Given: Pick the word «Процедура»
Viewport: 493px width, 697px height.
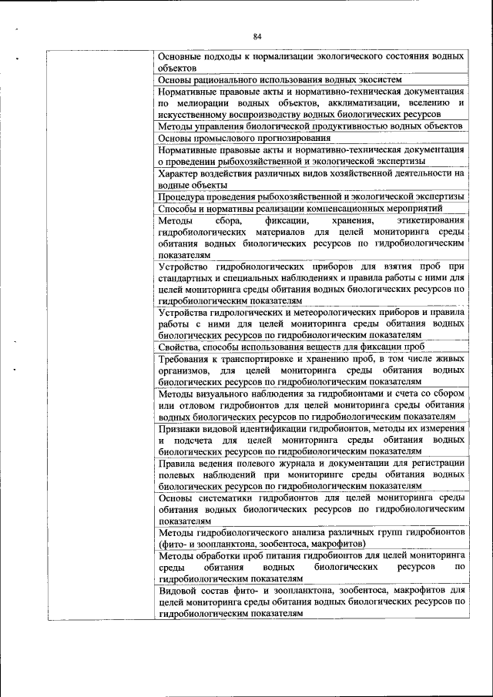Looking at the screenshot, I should click(x=182, y=197).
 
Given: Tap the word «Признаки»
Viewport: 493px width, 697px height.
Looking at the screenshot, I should click(x=181, y=428).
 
